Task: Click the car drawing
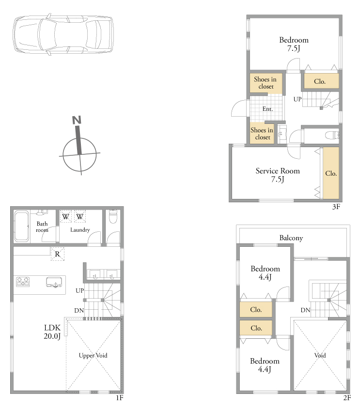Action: (63, 35)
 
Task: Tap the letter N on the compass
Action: (77, 120)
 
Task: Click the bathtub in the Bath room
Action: (22, 226)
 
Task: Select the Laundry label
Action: (80, 230)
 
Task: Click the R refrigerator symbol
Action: (58, 254)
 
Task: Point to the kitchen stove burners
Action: (23, 282)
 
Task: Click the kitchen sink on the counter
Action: (54, 282)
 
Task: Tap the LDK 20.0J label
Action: (52, 332)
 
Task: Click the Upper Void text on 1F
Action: (93, 355)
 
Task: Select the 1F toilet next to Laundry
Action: (113, 217)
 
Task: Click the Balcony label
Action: (291, 238)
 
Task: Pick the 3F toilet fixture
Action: (332, 135)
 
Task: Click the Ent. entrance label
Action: (267, 109)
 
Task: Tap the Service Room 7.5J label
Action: (278, 175)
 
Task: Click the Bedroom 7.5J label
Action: (294, 44)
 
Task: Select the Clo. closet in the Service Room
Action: (331, 173)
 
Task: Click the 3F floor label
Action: (336, 207)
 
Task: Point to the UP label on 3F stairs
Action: (297, 99)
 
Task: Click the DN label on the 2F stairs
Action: (305, 310)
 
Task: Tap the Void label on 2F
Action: (320, 355)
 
